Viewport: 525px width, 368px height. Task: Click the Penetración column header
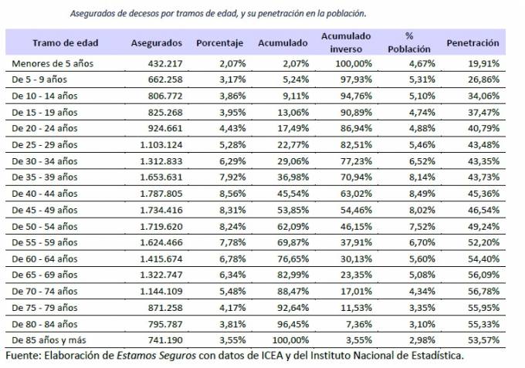click(x=472, y=42)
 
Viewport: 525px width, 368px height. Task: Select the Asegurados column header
click(x=157, y=42)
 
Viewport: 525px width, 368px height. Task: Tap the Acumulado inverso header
click(x=346, y=42)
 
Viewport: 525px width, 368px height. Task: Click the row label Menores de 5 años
click(x=52, y=64)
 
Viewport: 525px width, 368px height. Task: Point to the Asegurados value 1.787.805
click(x=161, y=194)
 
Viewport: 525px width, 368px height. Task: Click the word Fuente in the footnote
click(x=23, y=356)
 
